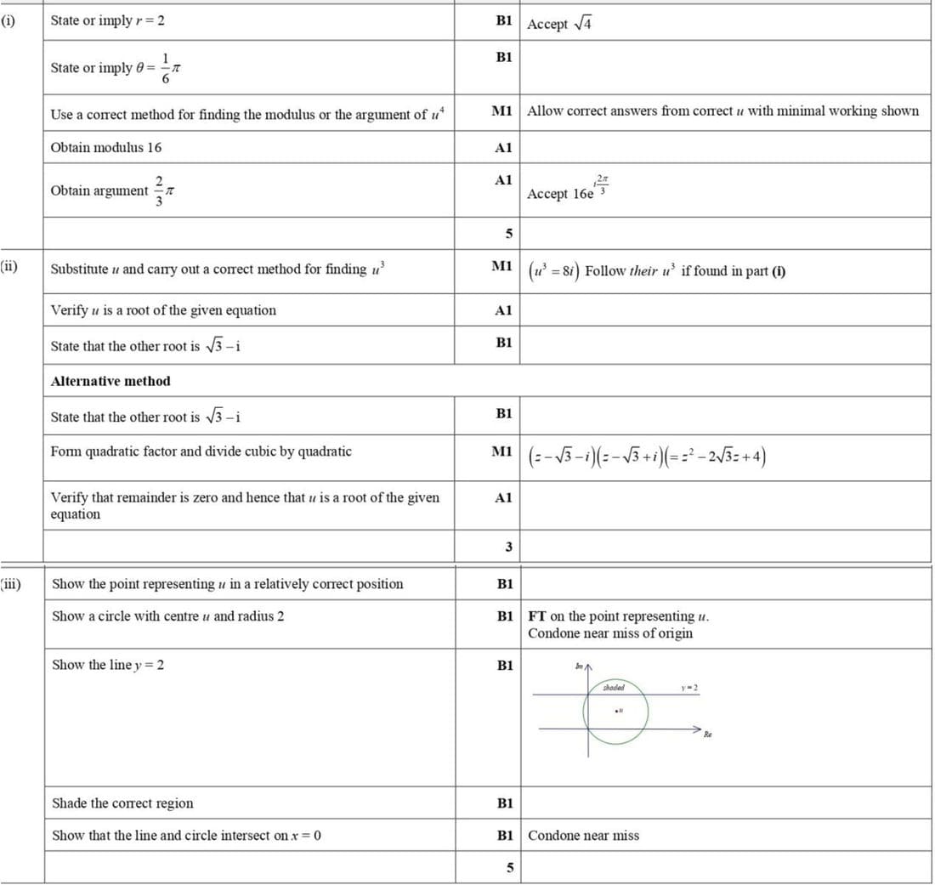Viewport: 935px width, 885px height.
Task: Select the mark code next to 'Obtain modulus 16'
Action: click(x=503, y=148)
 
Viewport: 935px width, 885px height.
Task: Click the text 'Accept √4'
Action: click(x=559, y=24)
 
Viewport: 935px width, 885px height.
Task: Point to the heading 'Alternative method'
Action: click(x=110, y=381)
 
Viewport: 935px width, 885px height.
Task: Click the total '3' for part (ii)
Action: click(x=508, y=547)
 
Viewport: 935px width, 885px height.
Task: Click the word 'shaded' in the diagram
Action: click(x=614, y=687)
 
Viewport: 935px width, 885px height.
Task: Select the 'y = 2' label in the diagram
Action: click(x=689, y=687)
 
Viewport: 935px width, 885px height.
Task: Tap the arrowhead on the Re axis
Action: click(x=699, y=729)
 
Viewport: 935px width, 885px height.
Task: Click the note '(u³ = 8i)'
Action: click(x=553, y=270)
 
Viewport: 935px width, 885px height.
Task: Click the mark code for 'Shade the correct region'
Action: click(x=504, y=803)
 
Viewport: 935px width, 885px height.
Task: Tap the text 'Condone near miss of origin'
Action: click(x=609, y=633)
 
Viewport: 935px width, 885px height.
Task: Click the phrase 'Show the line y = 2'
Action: click(x=108, y=665)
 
